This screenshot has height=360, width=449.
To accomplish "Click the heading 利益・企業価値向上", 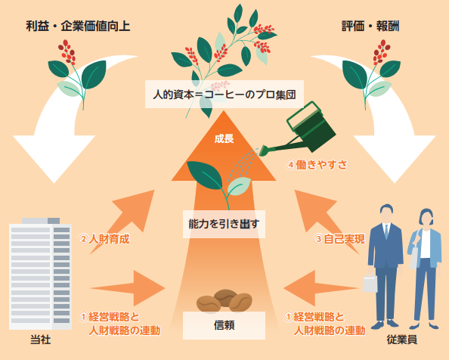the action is (x=78, y=26).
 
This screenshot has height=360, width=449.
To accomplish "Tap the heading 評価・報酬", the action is (x=370, y=26).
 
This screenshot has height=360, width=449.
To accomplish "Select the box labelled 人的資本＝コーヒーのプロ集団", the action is (x=224, y=95).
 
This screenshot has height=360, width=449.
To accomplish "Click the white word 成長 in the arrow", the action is (x=224, y=138).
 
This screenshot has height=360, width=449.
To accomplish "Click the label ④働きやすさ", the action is (x=317, y=164).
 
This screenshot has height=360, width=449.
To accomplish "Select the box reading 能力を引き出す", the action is (x=224, y=224).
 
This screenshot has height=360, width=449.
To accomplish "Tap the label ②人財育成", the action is (x=104, y=239).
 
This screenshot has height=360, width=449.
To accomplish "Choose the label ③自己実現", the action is (x=339, y=239).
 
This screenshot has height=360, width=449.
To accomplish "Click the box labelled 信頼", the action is (x=224, y=325).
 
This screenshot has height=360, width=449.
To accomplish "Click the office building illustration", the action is (x=40, y=274).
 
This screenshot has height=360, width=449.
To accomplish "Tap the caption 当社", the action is (x=40, y=340).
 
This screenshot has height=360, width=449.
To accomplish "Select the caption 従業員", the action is (x=401, y=340).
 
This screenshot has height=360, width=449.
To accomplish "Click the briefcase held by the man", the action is (x=370, y=283).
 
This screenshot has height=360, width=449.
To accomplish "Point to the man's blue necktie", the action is (x=386, y=231).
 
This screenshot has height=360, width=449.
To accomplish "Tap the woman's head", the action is (x=426, y=219).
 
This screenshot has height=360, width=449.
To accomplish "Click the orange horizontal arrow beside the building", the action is (x=128, y=288).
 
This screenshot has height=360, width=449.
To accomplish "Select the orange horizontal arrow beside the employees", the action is (x=321, y=288).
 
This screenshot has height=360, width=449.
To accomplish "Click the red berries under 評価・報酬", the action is (x=382, y=52).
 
